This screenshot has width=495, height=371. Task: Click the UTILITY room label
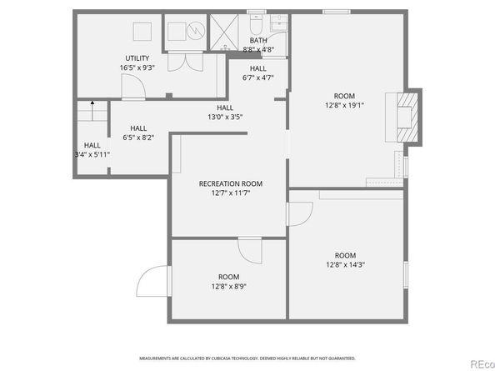pos(138,58)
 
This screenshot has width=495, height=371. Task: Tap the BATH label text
pos(259,40)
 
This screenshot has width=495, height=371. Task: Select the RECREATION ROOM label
pos(230,183)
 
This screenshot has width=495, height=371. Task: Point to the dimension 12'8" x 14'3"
pos(344,265)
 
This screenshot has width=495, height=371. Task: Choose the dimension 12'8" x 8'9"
pos(228,287)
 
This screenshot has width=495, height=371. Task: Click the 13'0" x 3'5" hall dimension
pos(225,118)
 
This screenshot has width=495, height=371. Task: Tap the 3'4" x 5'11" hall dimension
pos(91,154)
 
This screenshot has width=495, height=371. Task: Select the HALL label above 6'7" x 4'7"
pos(258,68)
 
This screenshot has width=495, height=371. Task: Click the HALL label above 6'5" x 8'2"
pos(138,128)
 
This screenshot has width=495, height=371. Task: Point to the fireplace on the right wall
pos(406,118)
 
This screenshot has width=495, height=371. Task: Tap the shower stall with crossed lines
pos(222,31)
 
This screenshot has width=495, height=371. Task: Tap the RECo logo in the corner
pos(480,363)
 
